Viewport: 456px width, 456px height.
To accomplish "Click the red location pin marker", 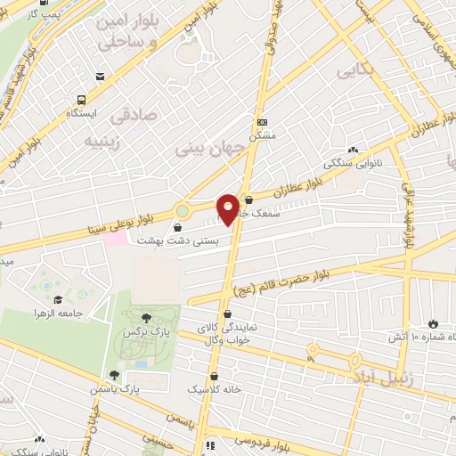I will [x=228, y=208].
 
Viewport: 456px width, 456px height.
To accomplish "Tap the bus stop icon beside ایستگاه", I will [x=82, y=101].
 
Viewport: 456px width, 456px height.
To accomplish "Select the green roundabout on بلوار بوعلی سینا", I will [x=183, y=211].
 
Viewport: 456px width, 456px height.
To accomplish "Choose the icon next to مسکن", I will [x=261, y=122].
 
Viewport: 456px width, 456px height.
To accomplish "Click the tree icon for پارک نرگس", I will [x=146, y=316].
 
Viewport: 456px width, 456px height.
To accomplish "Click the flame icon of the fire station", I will [x=434, y=323].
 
